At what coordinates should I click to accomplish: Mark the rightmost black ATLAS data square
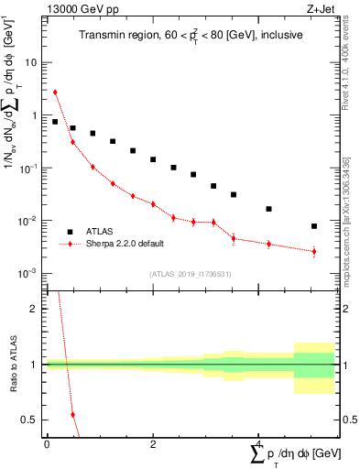pos(313,226)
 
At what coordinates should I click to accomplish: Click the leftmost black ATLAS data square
pos(55,122)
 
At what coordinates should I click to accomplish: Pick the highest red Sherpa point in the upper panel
pos(55,92)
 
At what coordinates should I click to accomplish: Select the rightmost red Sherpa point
pos(313,251)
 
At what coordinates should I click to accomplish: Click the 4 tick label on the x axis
pos(259,444)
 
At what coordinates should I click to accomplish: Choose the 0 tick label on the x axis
pos(47,444)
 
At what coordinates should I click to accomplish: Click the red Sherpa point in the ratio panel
pos(73,415)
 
